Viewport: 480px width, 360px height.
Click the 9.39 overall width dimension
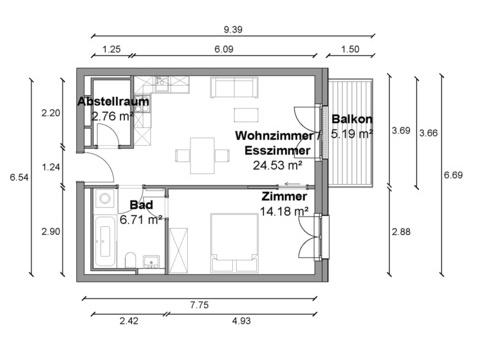[x=233, y=29]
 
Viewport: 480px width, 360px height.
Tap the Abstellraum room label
[x=113, y=101]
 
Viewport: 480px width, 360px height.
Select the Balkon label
[x=352, y=119]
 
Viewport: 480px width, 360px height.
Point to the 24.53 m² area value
[x=278, y=165]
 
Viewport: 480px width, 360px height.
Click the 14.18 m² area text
[x=284, y=211]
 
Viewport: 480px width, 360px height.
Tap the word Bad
[x=141, y=205]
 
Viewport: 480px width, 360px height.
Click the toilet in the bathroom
[x=130, y=260]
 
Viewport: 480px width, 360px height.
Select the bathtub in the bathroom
[x=105, y=241]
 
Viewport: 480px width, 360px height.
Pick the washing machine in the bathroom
[x=105, y=199]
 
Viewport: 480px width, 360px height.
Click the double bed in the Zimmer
[x=235, y=243]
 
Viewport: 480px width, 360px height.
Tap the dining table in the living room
[x=202, y=156]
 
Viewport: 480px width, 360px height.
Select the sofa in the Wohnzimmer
[x=234, y=87]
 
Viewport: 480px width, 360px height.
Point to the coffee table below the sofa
[x=246, y=115]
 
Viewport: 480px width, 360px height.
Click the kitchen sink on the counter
[x=162, y=83]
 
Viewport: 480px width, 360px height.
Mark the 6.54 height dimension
[x=19, y=177]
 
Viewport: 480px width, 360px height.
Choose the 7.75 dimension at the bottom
[x=199, y=305]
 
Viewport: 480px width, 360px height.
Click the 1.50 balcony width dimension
[x=350, y=49]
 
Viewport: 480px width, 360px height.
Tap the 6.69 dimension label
[x=453, y=175]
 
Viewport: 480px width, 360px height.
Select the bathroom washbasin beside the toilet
[x=152, y=262]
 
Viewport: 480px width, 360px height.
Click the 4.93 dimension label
[x=241, y=321]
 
